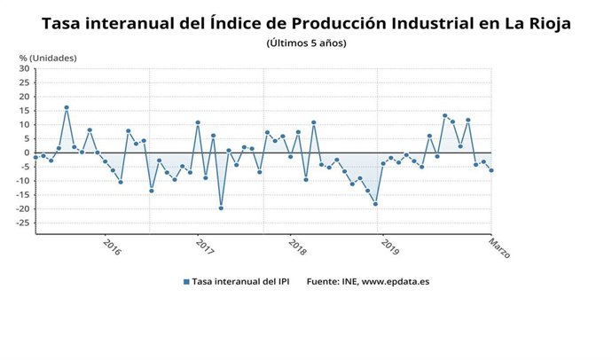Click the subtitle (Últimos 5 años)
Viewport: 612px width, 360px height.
[306, 43]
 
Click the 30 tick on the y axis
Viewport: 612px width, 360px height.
[24, 69]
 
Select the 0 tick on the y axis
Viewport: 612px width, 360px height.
[27, 153]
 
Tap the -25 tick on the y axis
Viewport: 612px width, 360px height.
[22, 223]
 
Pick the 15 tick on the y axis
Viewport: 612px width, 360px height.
[24, 111]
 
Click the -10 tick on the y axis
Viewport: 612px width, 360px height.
[22, 181]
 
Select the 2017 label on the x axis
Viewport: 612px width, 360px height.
[205, 246]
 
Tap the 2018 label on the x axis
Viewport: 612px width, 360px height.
[297, 246]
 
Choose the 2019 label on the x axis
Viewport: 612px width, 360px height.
[389, 246]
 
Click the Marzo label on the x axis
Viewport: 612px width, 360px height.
[499, 247]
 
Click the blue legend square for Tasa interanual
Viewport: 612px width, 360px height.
[186, 282]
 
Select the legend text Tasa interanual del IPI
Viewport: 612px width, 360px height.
[242, 282]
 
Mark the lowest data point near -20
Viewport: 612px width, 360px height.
[221, 207]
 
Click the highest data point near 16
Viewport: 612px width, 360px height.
[67, 107]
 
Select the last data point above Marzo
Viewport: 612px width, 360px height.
[491, 170]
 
